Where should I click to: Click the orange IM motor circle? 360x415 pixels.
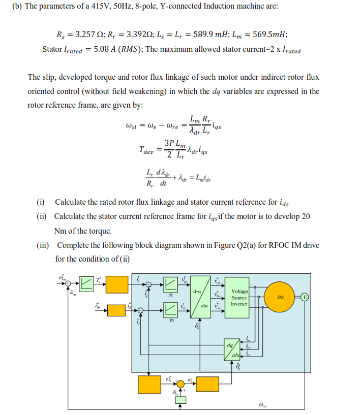click(x=279, y=297)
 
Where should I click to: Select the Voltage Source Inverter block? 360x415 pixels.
click(x=239, y=298)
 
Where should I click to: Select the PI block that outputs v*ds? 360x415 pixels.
click(x=171, y=310)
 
